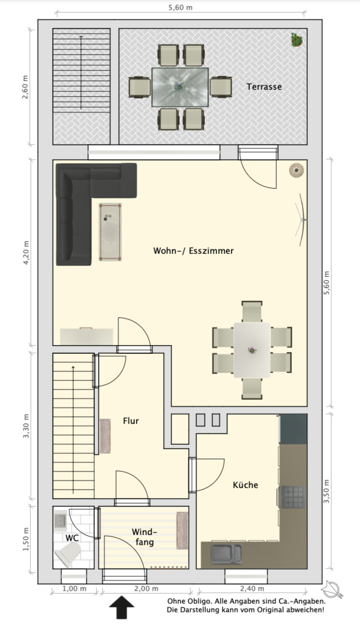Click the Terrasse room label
click(264, 87)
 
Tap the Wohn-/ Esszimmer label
click(193, 250)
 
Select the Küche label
click(245, 485)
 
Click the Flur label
click(131, 421)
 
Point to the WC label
click(72, 538)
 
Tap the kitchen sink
click(226, 554)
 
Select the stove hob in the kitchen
click(293, 497)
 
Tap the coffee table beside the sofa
click(110, 232)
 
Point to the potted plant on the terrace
click(297, 40)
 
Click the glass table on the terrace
click(180, 87)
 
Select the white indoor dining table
click(252, 350)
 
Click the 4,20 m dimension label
click(26, 252)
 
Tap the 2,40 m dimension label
click(252, 589)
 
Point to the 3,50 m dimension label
click(326, 492)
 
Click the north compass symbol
click(333, 589)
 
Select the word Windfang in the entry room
click(144, 537)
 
